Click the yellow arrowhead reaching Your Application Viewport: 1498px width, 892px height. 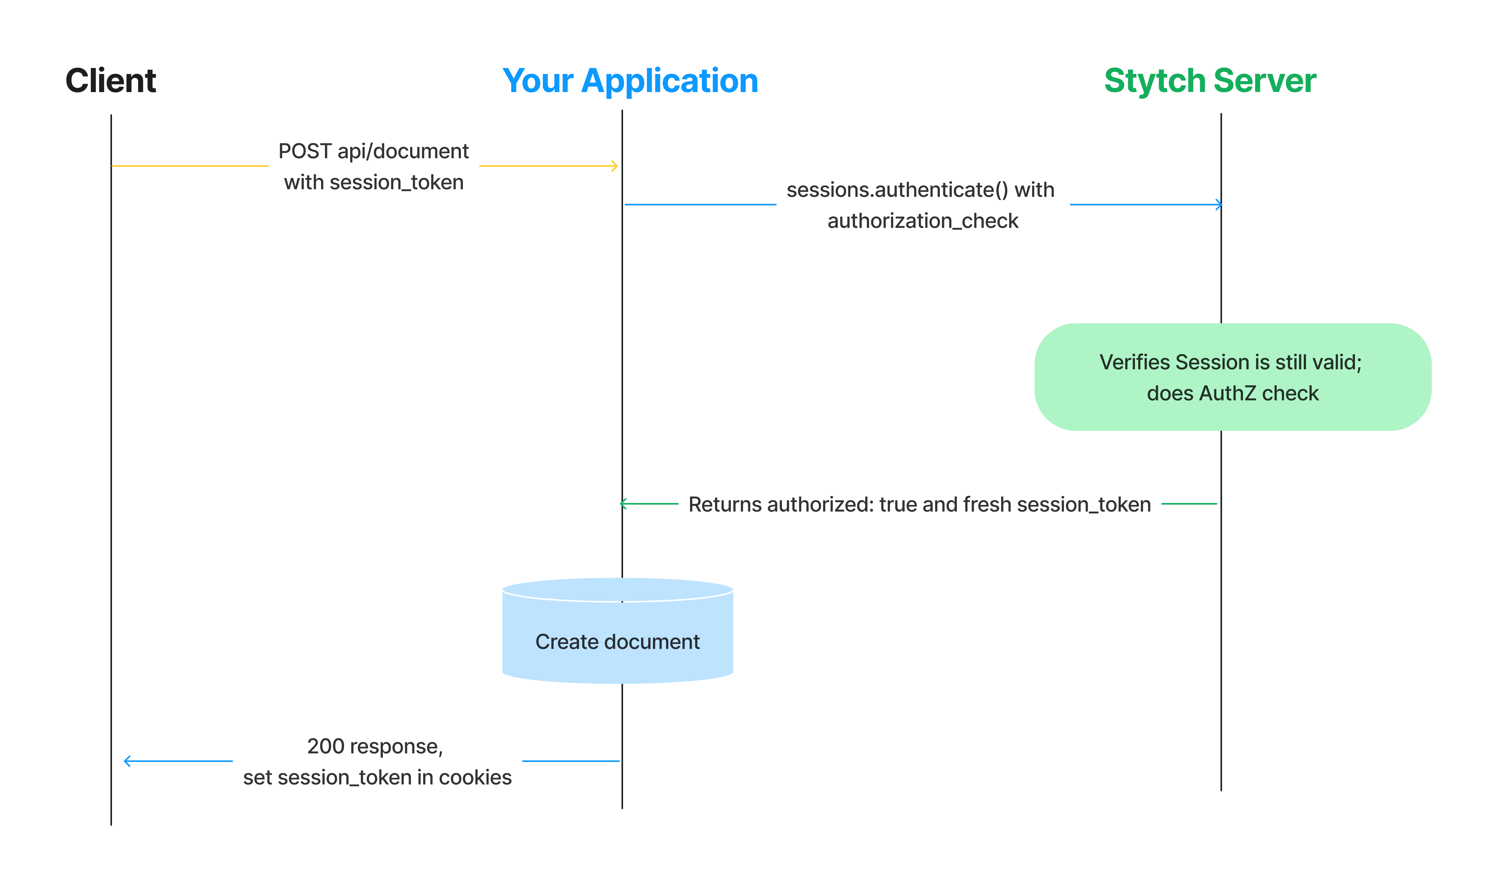point(614,166)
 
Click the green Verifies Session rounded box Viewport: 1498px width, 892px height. point(1232,377)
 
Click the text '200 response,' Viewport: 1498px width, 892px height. point(374,747)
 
